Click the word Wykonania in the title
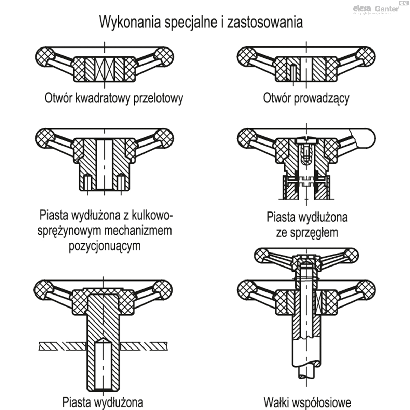click(130, 22)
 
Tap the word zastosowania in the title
click(265, 22)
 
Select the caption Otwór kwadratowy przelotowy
click(114, 98)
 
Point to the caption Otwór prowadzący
click(306, 99)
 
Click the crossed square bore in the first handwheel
click(105, 69)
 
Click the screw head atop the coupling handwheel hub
click(306, 141)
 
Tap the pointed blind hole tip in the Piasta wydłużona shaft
click(103, 339)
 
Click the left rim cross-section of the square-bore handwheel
click(44, 57)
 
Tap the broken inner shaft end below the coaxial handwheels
click(306, 374)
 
